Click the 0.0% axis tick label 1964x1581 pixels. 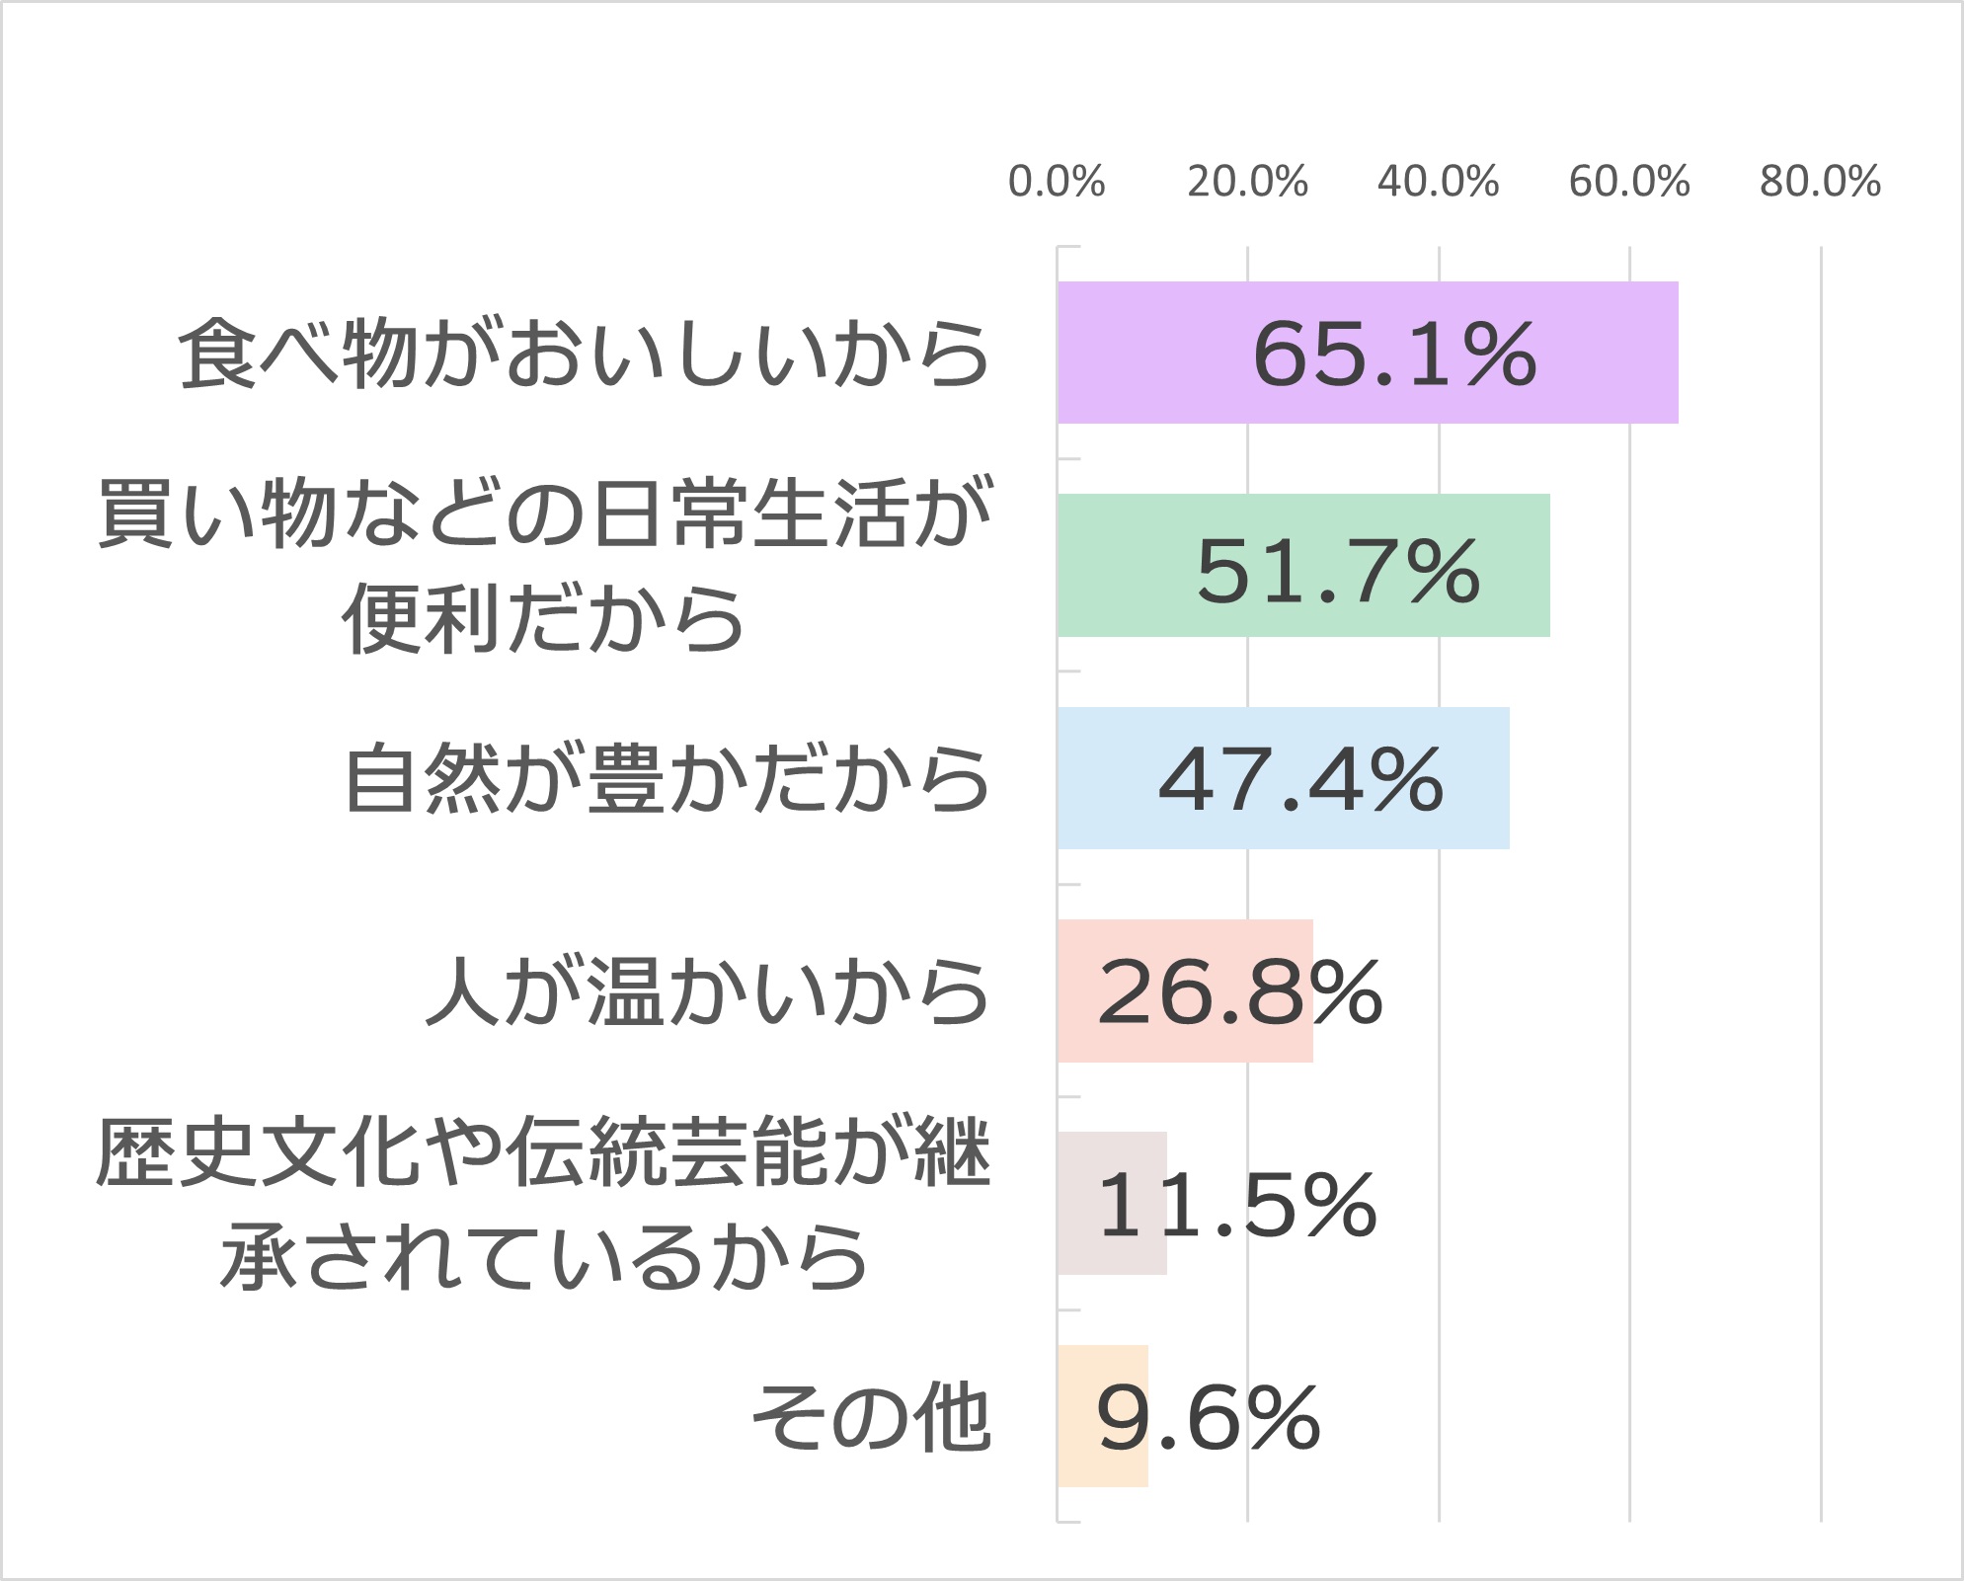[x=1057, y=182]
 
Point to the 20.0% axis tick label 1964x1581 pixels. [x=1247, y=182]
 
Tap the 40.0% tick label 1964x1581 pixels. [x=1439, y=182]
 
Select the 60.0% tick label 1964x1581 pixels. [x=1629, y=182]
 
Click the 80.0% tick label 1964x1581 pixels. [x=1820, y=182]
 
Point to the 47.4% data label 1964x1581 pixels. [x=1300, y=780]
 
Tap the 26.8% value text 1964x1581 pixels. [x=1239, y=992]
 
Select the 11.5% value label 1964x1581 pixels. [x=1236, y=1205]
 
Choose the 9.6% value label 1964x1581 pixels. [x=1208, y=1418]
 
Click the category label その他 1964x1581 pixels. [x=871, y=1418]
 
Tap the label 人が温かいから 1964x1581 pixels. [x=707, y=991]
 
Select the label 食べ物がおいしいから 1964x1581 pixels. [x=584, y=354]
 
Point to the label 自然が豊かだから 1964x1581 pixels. [x=667, y=779]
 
